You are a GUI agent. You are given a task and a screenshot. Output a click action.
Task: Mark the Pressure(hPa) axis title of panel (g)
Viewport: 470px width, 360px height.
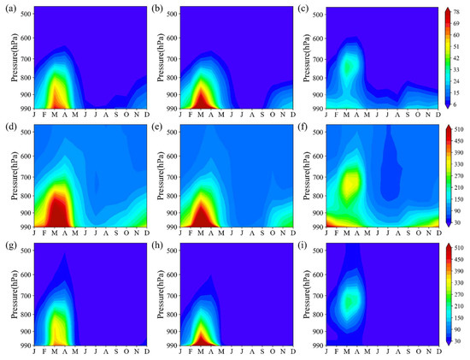point(8,296)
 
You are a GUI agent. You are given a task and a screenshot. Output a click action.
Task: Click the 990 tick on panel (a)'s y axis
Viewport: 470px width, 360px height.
point(20,109)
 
